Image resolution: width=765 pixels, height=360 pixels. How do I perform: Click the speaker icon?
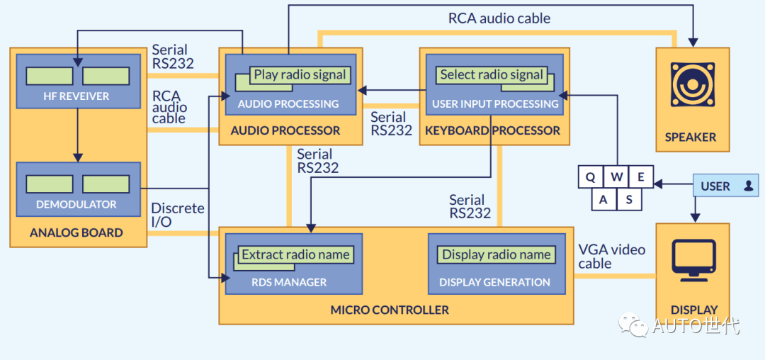(692, 84)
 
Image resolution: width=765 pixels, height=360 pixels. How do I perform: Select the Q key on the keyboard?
(590, 176)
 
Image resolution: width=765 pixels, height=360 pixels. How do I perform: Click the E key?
(641, 176)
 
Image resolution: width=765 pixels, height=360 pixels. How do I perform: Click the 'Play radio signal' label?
(300, 74)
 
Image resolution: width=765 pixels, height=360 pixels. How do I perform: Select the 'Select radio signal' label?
(492, 74)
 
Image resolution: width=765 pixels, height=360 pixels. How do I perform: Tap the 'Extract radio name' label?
(295, 254)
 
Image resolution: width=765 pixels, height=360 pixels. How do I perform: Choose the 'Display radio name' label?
(496, 254)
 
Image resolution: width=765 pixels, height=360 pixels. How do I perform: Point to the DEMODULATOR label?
(76, 204)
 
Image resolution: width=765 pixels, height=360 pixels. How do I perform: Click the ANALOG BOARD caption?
(76, 232)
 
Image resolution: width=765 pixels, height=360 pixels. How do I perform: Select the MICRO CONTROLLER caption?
(390, 310)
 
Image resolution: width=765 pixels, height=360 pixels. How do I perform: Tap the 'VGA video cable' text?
(612, 257)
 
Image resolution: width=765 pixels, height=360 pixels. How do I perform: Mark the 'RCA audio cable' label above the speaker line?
(499, 18)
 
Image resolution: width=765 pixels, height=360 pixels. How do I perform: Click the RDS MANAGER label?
(289, 282)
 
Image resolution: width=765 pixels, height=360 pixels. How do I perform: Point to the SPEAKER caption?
(691, 137)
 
